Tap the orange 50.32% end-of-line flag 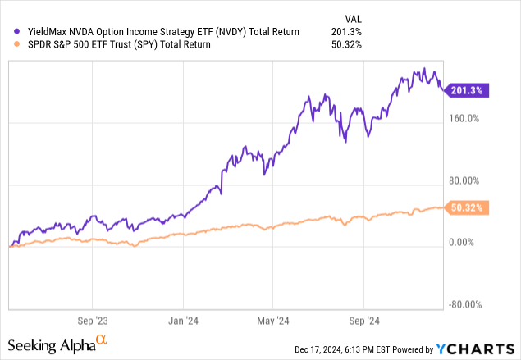tap(468, 208)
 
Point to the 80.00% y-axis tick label tap(462, 180)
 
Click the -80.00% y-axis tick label tap(462, 305)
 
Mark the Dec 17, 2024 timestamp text tap(342, 350)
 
